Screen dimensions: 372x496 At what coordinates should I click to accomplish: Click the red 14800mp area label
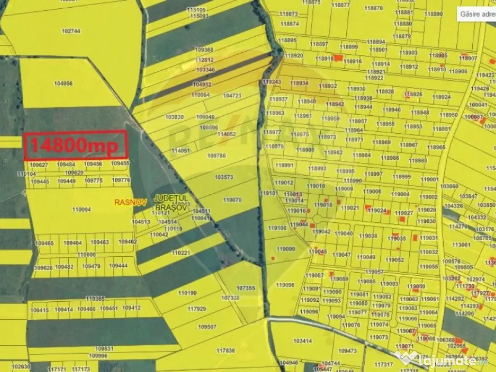(x=76, y=145)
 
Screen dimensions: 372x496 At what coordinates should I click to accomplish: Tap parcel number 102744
(x=71, y=31)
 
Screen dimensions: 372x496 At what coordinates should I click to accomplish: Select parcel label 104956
(x=63, y=83)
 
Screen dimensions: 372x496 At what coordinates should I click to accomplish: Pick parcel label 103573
(x=224, y=177)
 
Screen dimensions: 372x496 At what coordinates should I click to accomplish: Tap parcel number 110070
(x=232, y=200)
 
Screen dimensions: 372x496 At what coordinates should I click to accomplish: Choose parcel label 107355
(x=245, y=288)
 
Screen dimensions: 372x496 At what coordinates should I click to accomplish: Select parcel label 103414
(x=303, y=341)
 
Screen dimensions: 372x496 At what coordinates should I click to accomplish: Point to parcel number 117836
(x=225, y=350)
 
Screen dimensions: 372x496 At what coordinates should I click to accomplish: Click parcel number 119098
(x=285, y=285)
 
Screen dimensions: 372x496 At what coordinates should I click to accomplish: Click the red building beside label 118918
(x=339, y=57)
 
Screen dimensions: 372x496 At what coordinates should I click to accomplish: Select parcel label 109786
(x=217, y=155)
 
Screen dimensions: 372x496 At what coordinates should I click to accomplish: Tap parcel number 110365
(x=95, y=298)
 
